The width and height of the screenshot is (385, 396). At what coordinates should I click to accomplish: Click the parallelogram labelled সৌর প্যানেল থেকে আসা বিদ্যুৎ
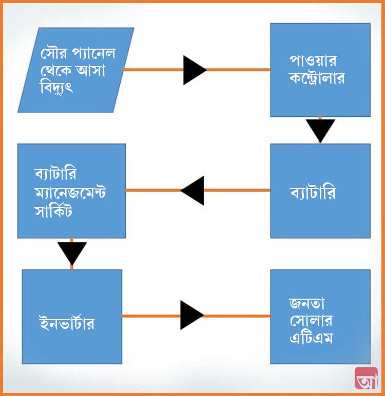pyautogui.click(x=76, y=70)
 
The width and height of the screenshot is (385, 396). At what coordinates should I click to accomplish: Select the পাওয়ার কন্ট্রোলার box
pyautogui.click(x=320, y=70)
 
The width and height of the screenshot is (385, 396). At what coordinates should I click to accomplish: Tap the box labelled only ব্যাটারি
pyautogui.click(x=320, y=191)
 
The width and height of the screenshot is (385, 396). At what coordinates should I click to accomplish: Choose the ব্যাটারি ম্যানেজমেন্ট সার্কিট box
pyautogui.click(x=72, y=191)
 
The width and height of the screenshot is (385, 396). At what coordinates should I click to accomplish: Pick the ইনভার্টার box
pyautogui.click(x=72, y=317)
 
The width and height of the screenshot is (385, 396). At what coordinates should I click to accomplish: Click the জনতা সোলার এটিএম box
pyautogui.click(x=320, y=317)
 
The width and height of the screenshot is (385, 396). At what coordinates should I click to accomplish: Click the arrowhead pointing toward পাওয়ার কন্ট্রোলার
pyautogui.click(x=195, y=70)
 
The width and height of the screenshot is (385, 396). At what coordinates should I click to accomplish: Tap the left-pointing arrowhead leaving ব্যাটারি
pyautogui.click(x=192, y=191)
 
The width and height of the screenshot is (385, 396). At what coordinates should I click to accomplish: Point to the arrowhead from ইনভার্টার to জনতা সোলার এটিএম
pyautogui.click(x=192, y=315)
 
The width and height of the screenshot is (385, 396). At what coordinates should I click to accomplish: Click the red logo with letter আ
pyautogui.click(x=367, y=378)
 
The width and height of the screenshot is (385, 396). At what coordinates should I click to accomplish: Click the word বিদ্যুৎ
pyautogui.click(x=56, y=88)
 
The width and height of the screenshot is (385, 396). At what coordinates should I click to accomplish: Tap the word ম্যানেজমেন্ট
pyautogui.click(x=70, y=193)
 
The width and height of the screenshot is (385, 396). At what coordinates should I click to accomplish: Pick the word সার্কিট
pyautogui.click(x=53, y=211)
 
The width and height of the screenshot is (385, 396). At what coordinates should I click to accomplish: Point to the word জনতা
pyautogui.click(x=306, y=304)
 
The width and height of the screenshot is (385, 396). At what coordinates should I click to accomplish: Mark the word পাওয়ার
pyautogui.click(x=313, y=60)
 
